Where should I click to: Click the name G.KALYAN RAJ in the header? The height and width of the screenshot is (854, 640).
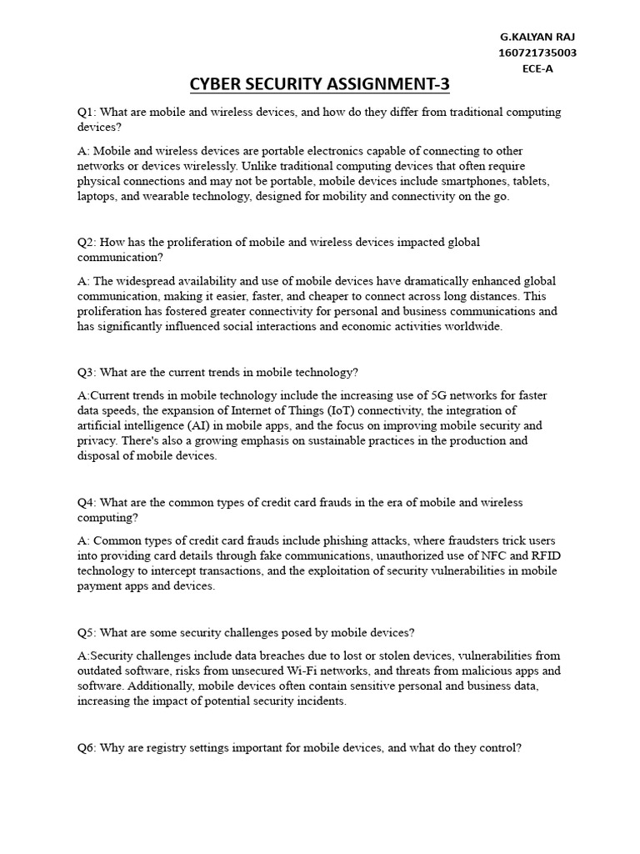[x=537, y=38]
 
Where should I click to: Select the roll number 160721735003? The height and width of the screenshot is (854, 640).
[x=537, y=53]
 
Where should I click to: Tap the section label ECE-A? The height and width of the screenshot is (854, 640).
[x=537, y=68]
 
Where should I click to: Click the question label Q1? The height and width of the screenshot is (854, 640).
[x=86, y=112]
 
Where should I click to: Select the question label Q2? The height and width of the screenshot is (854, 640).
[x=86, y=242]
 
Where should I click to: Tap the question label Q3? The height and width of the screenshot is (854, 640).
[x=86, y=372]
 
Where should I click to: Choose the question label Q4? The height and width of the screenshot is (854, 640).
[x=86, y=502]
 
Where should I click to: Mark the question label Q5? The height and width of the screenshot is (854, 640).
[x=86, y=632]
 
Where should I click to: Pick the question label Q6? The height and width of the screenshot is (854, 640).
[x=86, y=748]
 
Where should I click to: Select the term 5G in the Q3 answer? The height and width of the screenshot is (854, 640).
[x=440, y=394]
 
